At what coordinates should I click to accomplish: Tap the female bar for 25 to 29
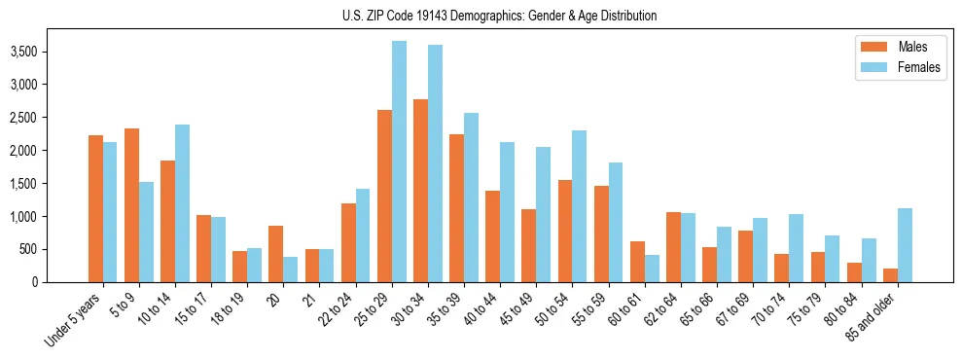coord(399,162)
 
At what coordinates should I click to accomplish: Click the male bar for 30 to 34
coord(420,191)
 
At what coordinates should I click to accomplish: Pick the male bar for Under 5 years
coord(95,208)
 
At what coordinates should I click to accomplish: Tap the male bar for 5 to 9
coord(131,205)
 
